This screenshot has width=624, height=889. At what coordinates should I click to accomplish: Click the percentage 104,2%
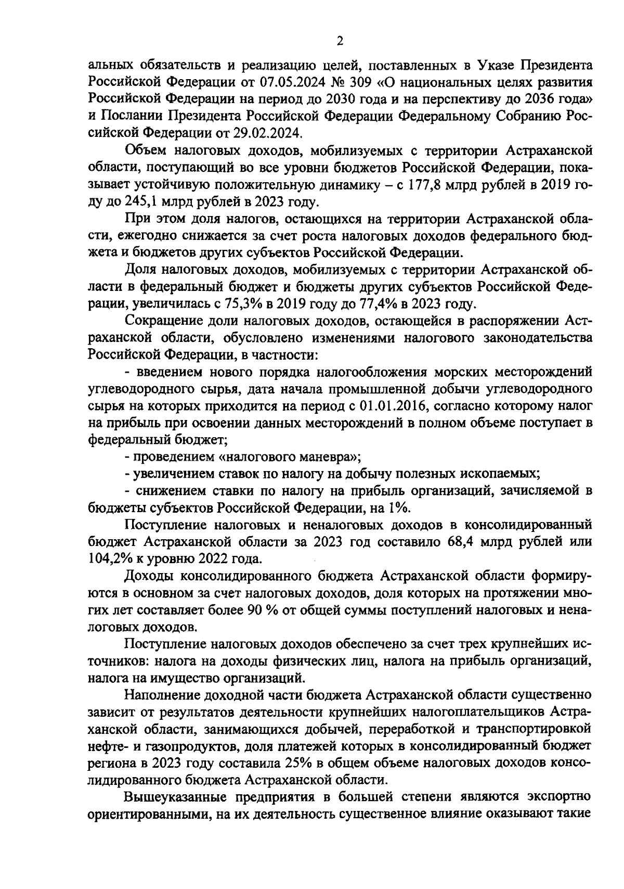(107, 559)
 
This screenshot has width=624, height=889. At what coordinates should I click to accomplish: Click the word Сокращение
(162, 320)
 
